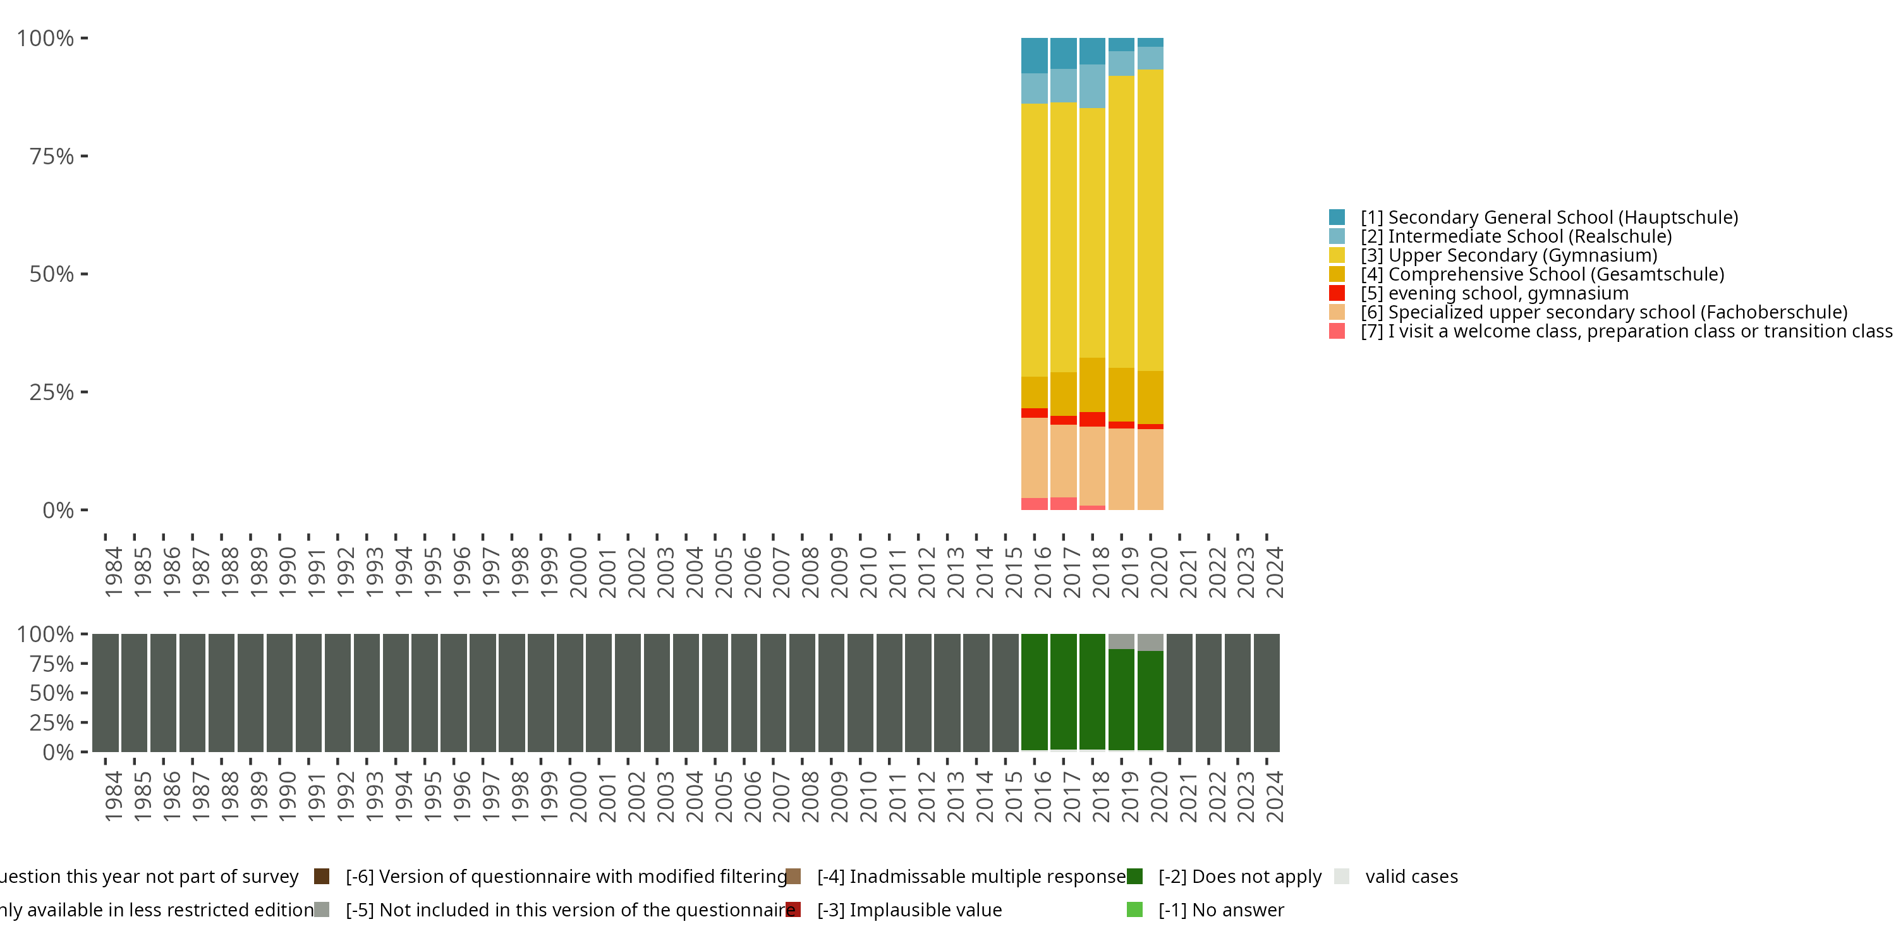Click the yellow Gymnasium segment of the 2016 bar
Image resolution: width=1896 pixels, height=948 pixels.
point(1034,240)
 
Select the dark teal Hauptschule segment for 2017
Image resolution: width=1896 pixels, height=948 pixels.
point(1063,53)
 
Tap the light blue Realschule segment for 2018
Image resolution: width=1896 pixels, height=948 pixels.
point(1092,86)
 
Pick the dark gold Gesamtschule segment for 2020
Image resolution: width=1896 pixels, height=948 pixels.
point(1150,398)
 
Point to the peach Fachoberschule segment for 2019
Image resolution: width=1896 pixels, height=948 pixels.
point(1121,469)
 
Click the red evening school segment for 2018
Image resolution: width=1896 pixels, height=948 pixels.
point(1092,420)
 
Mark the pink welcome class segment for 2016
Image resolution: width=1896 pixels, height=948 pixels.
point(1034,504)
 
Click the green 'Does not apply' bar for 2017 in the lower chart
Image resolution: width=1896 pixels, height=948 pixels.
point(1063,692)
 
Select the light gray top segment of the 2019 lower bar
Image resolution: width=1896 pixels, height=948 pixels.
point(1121,641)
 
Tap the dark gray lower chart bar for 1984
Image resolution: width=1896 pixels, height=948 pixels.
point(106,692)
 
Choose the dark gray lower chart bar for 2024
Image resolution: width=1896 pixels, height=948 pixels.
point(1267,692)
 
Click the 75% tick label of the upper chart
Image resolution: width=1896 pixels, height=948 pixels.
point(52,157)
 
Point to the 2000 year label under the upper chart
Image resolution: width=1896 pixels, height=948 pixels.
point(578,573)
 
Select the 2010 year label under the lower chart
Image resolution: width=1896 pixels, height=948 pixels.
point(868,797)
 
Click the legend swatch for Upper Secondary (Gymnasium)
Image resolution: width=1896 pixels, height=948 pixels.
point(1337,255)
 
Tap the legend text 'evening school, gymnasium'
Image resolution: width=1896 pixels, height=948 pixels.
point(1508,294)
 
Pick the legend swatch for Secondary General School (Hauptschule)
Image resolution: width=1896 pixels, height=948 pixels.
point(1337,217)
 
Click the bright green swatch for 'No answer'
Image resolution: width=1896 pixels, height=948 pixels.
point(1134,909)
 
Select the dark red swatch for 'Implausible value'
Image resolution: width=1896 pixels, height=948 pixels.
point(793,909)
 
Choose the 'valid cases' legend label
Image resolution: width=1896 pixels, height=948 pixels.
point(1411,877)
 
